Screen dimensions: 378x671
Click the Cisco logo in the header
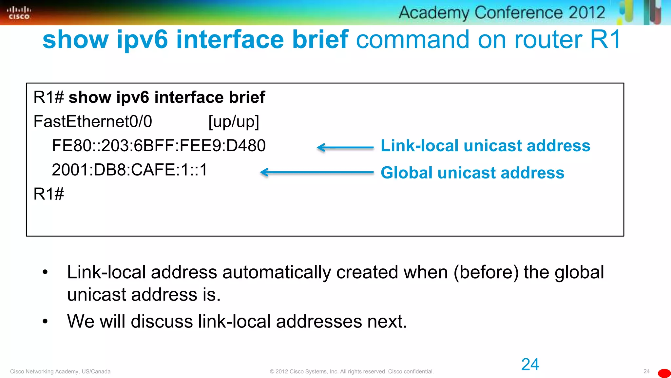19,13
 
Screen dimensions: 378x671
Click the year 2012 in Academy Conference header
586,13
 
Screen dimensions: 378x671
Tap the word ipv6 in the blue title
142,39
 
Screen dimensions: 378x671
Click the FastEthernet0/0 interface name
93,121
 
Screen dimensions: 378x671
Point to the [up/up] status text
234,122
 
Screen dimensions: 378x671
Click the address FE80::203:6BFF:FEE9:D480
159,146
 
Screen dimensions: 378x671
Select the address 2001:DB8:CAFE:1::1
130,170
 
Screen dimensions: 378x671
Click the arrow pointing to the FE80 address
345,148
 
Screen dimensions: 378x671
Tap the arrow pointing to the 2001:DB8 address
316,172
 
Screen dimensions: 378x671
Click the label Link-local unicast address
485,146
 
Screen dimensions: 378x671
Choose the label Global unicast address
472,173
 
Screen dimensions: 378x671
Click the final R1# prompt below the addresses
48,194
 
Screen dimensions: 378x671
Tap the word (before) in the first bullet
486,272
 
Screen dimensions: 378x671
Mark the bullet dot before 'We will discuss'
45,321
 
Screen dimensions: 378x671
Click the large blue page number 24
530,364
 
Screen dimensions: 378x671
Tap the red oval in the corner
664,373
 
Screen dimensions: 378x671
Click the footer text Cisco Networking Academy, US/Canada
60,371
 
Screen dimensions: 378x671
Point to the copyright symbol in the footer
272,371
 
